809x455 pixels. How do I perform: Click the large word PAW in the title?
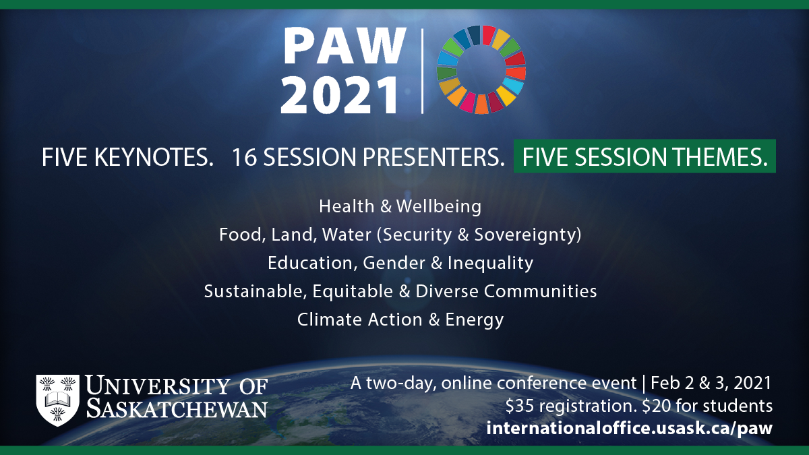345,47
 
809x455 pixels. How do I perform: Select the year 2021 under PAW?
340,96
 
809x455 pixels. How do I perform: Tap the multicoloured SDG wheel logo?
481,69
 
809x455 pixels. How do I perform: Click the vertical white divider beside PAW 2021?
422,71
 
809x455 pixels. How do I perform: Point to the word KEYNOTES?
154,157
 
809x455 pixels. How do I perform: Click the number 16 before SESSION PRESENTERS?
244,157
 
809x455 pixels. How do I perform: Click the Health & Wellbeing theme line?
400,206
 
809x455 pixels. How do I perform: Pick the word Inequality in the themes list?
490,263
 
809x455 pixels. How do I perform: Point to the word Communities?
540,291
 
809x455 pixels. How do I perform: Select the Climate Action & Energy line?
400,320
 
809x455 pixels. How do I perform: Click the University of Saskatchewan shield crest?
58,400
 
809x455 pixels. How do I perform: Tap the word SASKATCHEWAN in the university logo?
177,408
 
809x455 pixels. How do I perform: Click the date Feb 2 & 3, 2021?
711,383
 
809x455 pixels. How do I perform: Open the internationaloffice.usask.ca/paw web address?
629,428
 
